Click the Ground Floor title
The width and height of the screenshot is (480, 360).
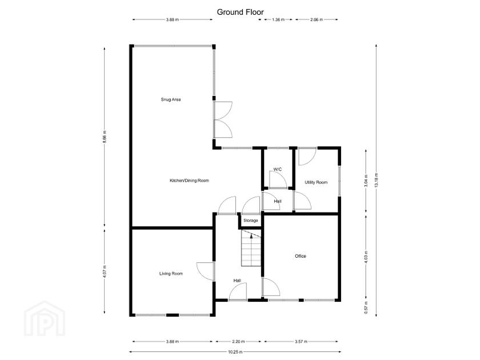(240, 11)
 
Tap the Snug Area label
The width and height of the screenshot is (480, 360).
(171, 99)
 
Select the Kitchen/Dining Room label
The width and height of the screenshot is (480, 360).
(189, 181)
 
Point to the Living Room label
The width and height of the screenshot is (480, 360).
(171, 274)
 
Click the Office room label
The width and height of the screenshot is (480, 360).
(301, 256)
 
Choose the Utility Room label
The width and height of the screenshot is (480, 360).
(316, 182)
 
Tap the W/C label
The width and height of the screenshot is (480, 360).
(277, 169)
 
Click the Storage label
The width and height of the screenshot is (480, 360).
(251, 221)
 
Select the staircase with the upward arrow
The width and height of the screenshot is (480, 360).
(251, 249)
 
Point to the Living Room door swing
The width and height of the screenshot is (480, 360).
(205, 271)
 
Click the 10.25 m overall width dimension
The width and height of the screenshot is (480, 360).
(234, 351)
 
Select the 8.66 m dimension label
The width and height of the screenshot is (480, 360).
(105, 138)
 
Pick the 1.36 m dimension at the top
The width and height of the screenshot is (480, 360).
(277, 19)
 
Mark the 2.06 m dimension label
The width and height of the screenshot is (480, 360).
(316, 19)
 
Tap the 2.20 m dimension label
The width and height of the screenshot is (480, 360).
(238, 342)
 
